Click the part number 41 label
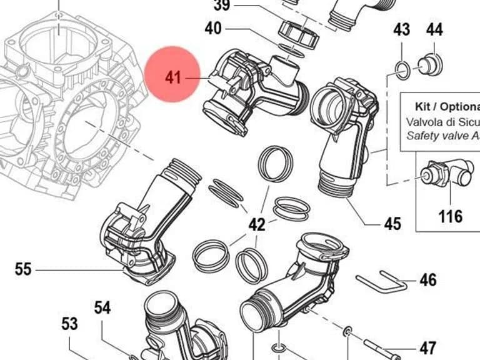coord(173,77)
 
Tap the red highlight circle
coord(172,74)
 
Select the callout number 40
coord(213,29)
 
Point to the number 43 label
coord(402,30)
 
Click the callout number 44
coord(434,30)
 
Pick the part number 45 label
coord(392,224)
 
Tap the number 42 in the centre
coord(257,225)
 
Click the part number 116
coord(450,216)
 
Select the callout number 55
coord(23,269)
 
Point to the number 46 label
coord(428,280)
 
